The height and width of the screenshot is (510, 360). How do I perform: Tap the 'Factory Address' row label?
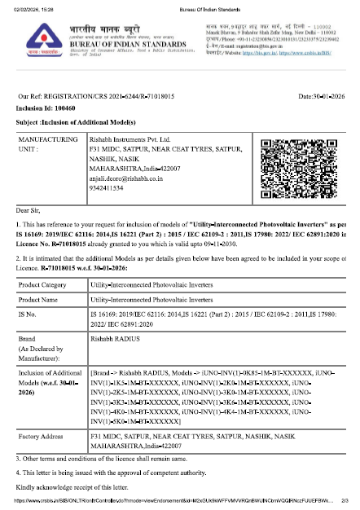[44, 437]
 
